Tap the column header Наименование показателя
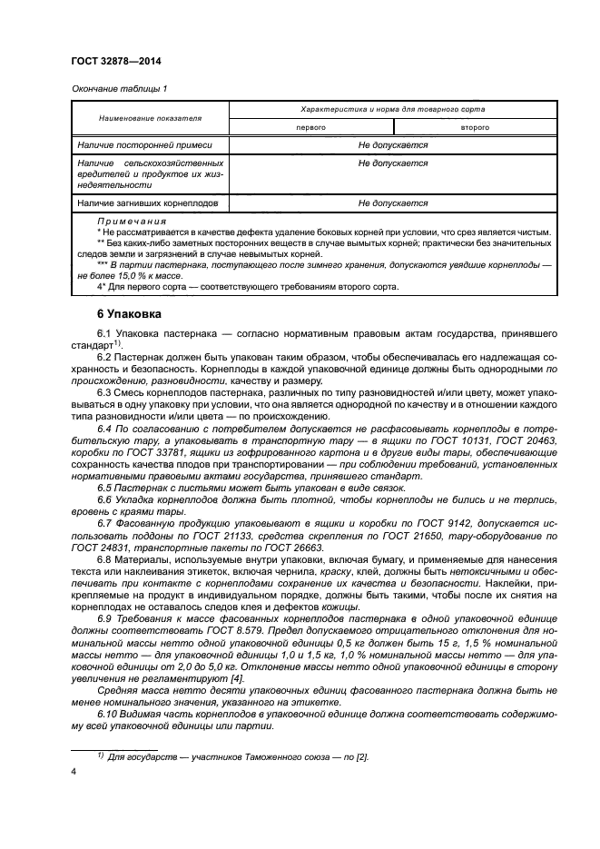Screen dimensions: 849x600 point(150,118)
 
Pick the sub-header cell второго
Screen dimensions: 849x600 point(475,128)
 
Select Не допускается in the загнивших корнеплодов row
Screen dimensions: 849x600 point(392,203)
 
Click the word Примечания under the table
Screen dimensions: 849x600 point(131,221)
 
